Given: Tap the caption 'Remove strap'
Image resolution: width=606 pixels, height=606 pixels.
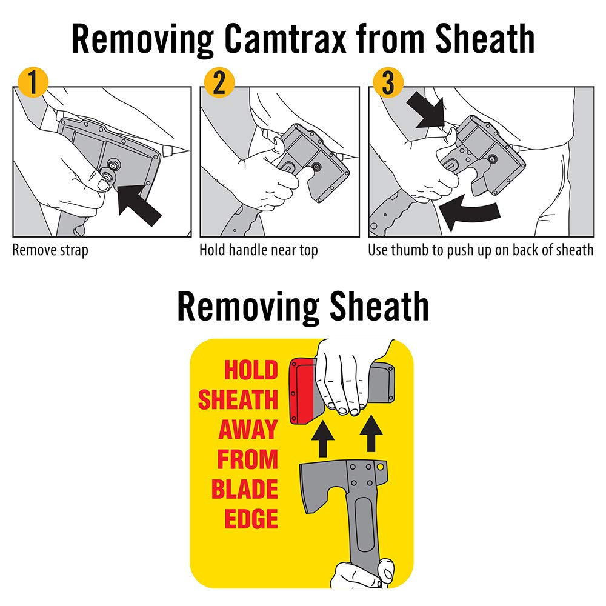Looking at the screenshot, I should (50, 250).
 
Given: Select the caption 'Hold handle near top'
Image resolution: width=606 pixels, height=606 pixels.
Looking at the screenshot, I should (259, 250).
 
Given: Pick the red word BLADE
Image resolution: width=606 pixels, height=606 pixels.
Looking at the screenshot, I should (244, 490).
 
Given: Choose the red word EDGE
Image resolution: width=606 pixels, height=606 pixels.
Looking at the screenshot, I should (251, 519).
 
